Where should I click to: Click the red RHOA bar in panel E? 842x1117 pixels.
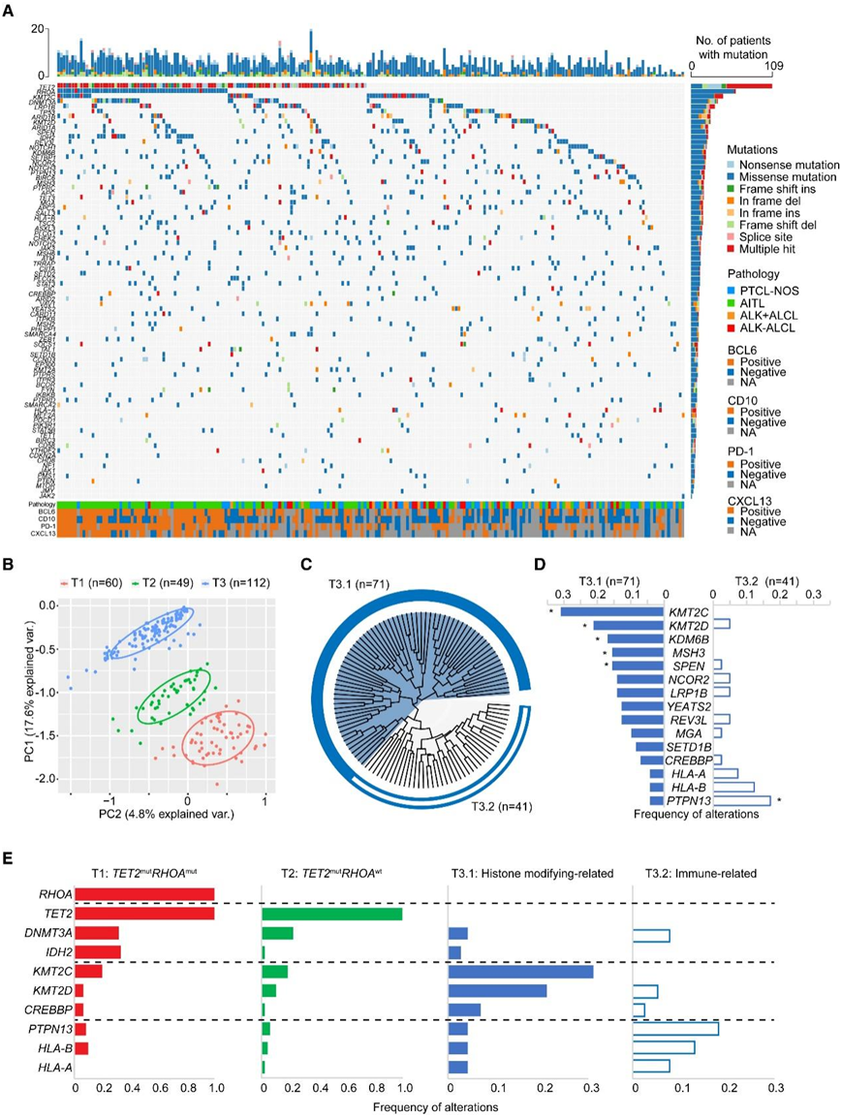coord(144,895)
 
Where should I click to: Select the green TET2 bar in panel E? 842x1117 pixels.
coord(331,914)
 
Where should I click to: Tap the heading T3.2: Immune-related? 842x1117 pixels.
coord(702,871)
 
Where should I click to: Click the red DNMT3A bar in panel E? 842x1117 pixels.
coord(97,933)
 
